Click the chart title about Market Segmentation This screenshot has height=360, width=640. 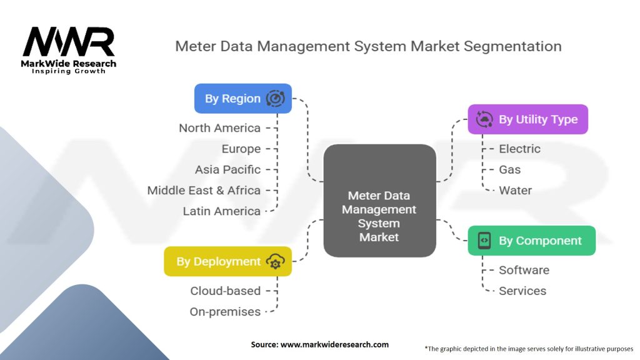pos(368,46)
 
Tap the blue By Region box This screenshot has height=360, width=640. pos(242,99)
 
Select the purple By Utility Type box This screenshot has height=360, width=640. pos(528,119)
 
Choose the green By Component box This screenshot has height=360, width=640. pos(531,241)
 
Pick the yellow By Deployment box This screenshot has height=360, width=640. pos(227,261)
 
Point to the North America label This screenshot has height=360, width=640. pos(219,128)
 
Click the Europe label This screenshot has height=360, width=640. pos(241,149)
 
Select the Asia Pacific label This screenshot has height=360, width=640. pos(227,169)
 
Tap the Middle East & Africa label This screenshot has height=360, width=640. pos(204,190)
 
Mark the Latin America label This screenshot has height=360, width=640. pos(221,211)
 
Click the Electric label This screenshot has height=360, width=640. pos(519,149)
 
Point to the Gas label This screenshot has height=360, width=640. pos(509,169)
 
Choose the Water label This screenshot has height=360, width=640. pos(515,190)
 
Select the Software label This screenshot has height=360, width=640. pos(524,270)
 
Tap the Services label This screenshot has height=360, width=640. pos(522,291)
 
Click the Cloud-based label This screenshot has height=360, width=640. pos(225,291)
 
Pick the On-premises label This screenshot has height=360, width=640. pos(225,311)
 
